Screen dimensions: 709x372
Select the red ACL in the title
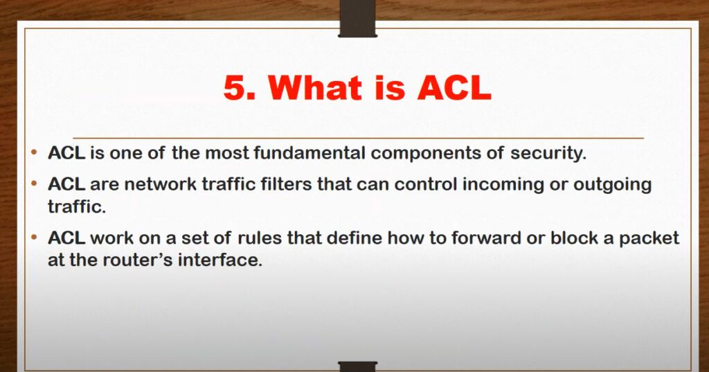coord(454,87)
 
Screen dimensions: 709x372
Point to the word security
coord(548,154)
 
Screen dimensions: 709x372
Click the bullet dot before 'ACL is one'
coord(35,153)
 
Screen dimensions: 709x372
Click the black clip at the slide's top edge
coord(358,19)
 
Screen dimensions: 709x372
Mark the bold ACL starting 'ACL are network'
coord(66,185)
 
